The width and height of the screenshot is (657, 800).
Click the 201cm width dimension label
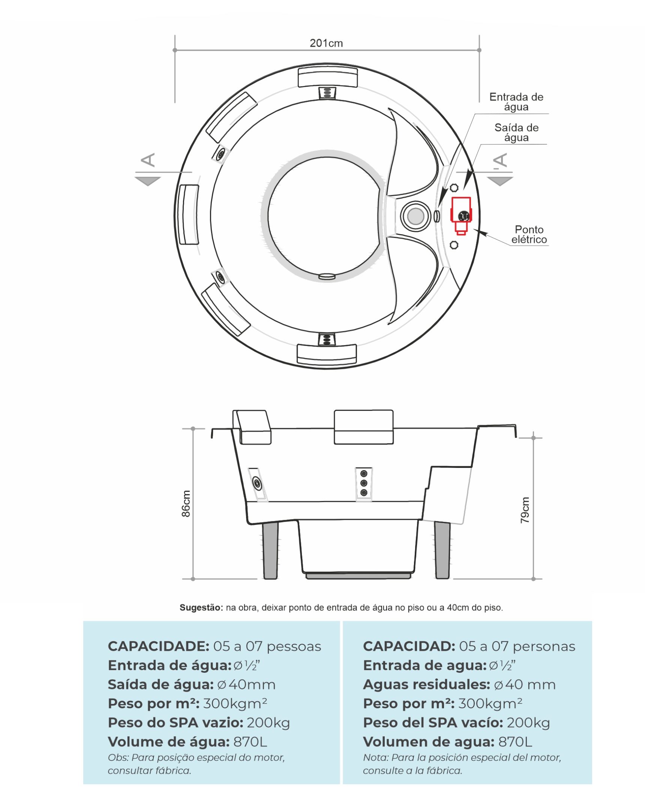(326, 43)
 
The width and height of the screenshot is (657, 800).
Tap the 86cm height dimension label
(186, 504)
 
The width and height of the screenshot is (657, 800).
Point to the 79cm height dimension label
(525, 510)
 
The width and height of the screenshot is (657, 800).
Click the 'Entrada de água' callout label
(516, 102)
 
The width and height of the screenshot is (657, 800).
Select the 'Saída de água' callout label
(516, 132)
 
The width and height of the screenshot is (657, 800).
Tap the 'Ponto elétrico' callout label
(529, 235)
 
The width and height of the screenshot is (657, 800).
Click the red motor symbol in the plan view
(460, 215)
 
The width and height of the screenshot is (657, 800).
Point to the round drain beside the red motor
(415, 216)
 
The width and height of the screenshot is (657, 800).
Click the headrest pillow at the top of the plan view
(327, 77)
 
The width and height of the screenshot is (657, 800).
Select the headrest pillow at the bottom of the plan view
(327, 353)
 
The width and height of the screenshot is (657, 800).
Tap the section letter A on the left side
(148, 160)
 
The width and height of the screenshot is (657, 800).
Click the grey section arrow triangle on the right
(499, 181)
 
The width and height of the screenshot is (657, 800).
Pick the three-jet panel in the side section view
(364, 483)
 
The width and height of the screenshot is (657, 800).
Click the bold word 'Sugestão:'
(201, 608)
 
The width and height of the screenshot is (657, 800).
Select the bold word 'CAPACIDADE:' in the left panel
(158, 646)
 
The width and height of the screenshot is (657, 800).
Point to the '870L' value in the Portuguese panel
(250, 742)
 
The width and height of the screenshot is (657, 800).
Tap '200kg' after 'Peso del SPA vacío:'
(528, 723)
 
